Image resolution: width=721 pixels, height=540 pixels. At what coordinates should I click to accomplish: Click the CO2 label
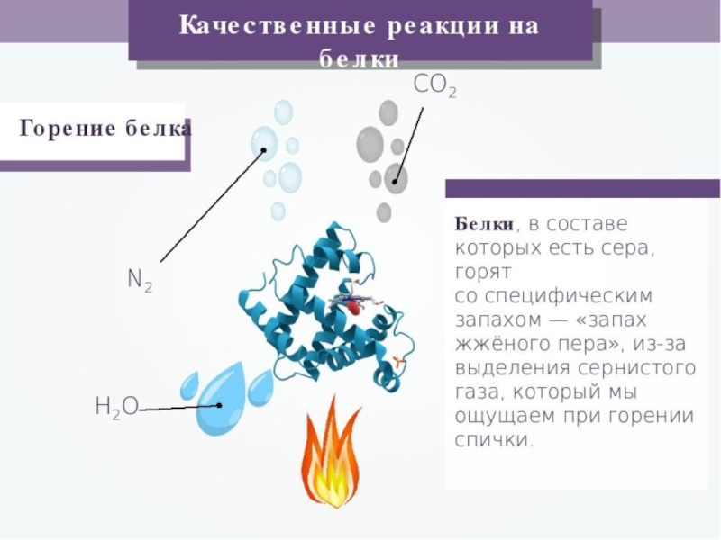coord(434,86)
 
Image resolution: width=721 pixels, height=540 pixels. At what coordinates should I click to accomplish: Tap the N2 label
coord(140,280)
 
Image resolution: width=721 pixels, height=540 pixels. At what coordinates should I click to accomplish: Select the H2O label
coord(116,407)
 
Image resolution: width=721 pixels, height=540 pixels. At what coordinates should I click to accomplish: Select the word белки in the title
coord(360,60)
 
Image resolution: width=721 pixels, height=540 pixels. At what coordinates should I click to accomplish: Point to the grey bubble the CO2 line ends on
coord(396,177)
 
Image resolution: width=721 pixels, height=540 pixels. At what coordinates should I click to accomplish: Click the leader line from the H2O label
coord(180,408)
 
